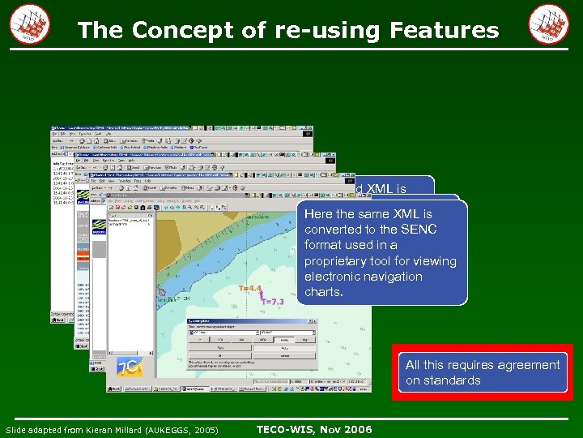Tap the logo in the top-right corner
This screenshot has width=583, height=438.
click(x=548, y=25)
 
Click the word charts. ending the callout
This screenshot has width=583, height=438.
click(x=324, y=292)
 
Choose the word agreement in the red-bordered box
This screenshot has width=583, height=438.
click(x=522, y=365)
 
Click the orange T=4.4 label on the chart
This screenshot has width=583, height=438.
click(x=249, y=288)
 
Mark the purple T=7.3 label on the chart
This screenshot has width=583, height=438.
click(x=273, y=301)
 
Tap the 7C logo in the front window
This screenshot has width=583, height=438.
click(x=129, y=367)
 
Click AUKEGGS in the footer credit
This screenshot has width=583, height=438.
click(x=172, y=430)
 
